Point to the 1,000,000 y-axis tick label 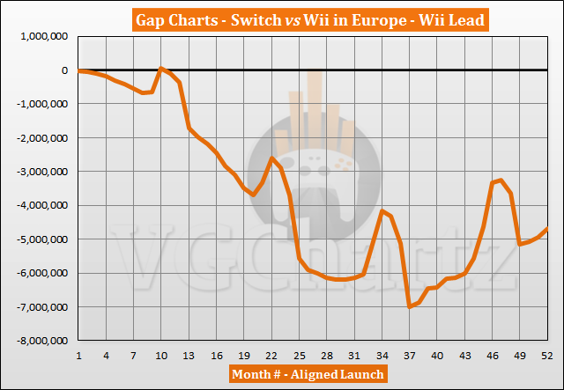43,37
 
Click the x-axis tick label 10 161,355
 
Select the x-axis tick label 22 271,355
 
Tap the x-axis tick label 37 409,355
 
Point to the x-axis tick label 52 546,355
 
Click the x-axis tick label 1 78,355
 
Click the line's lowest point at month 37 409,306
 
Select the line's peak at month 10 161,68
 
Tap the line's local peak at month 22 271,158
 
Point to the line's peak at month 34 382,210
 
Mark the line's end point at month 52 546,229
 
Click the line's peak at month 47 501,180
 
